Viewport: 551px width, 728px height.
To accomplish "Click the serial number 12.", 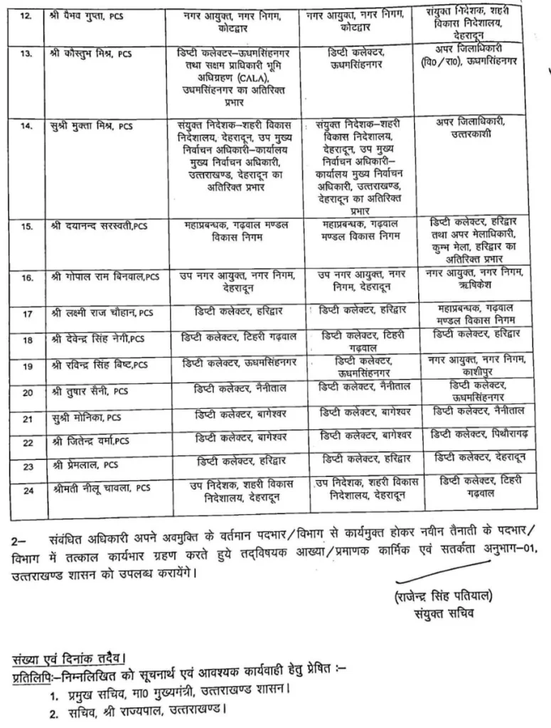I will (27, 15).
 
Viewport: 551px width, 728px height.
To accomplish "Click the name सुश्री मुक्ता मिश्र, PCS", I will (92, 126).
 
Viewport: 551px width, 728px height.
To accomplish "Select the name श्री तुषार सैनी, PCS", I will (90, 390).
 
